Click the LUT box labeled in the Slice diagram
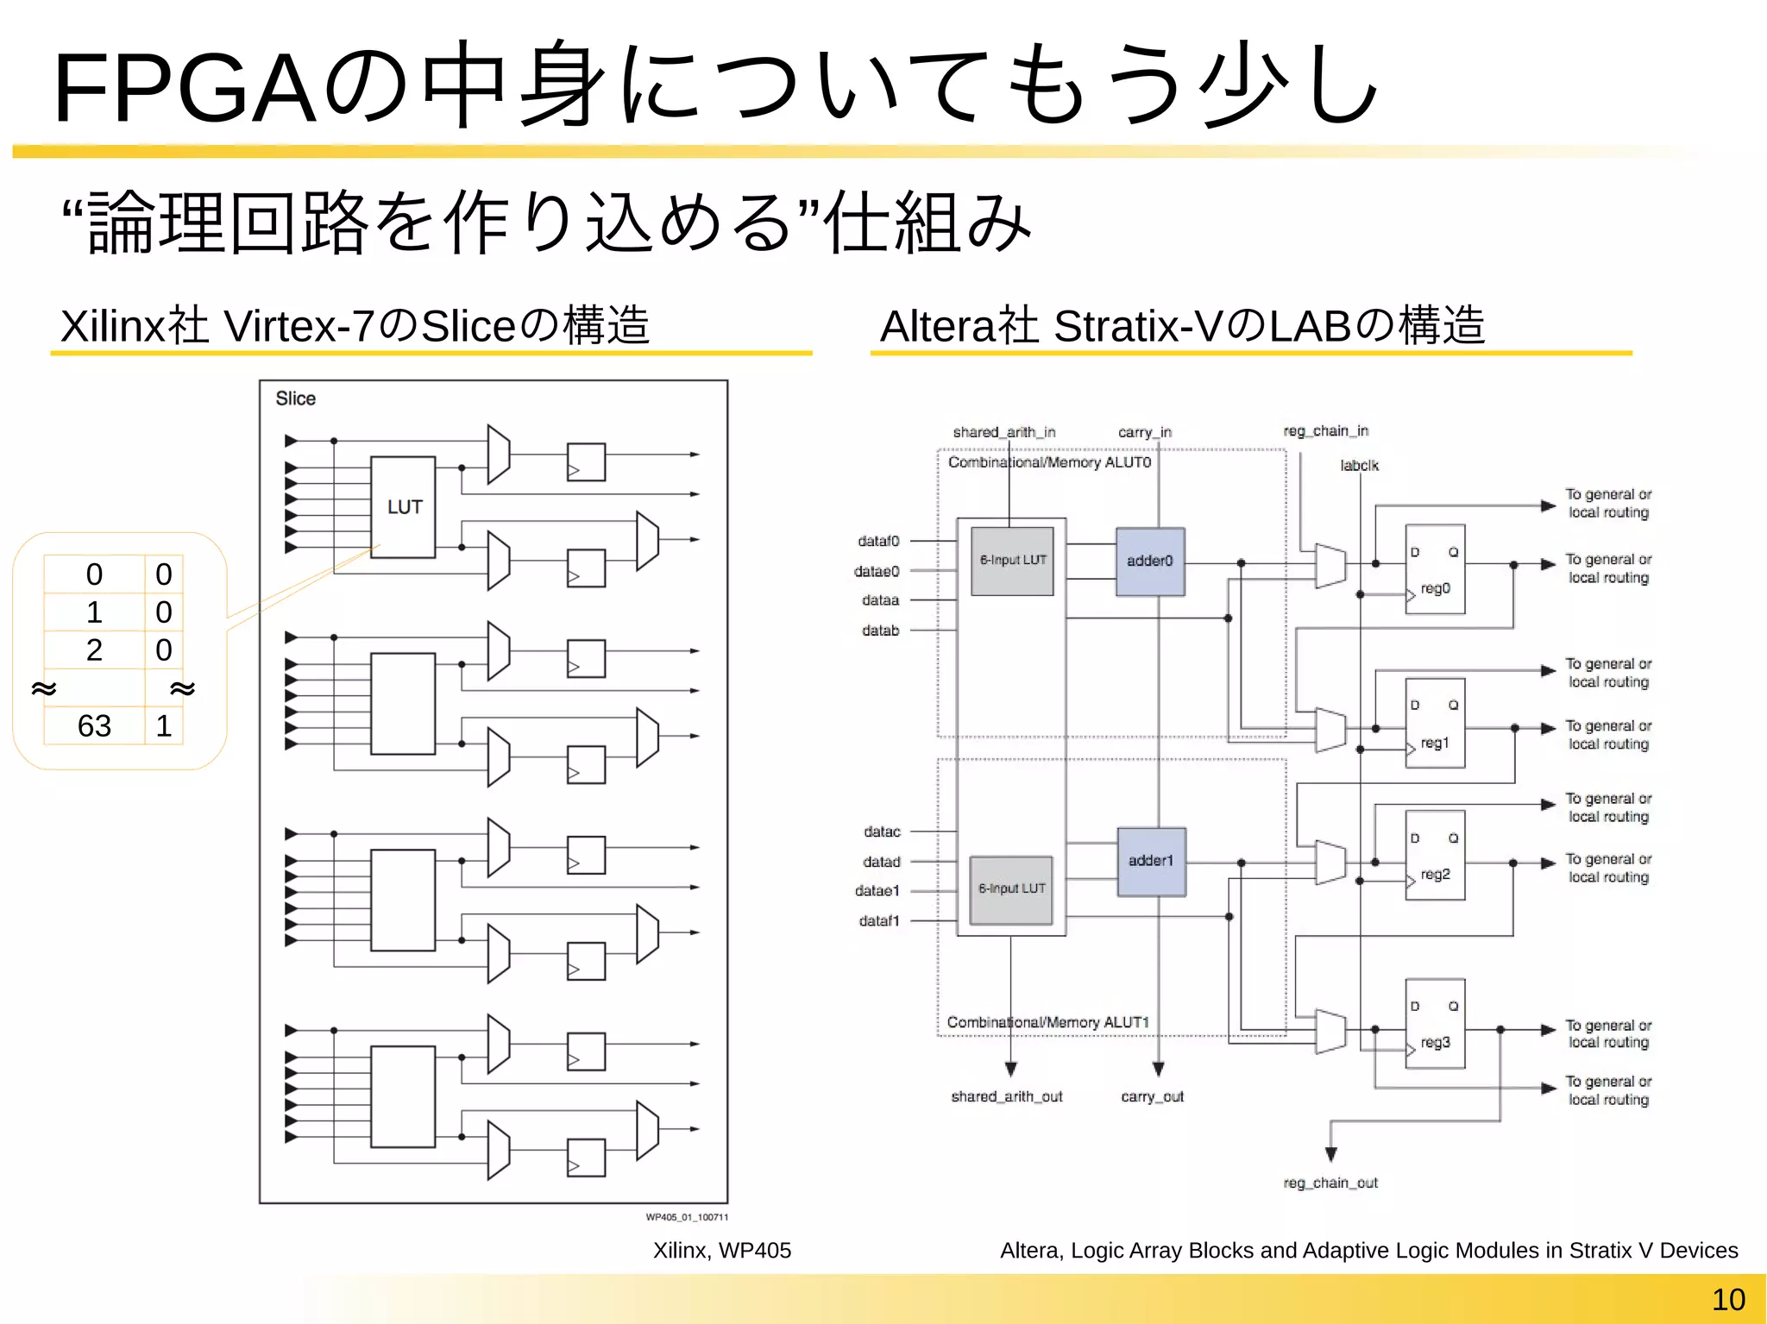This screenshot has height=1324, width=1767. tap(403, 507)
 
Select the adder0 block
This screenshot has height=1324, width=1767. tap(1150, 562)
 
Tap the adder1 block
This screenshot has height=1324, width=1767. tap(1151, 861)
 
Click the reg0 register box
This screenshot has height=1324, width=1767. tap(1435, 569)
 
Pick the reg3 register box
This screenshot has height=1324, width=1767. tap(1435, 1024)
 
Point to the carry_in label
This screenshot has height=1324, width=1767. tap(1144, 432)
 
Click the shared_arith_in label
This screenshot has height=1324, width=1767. tap(1003, 432)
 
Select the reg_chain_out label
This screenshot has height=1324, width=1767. tap(1330, 1183)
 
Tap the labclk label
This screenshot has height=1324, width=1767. tap(1359, 466)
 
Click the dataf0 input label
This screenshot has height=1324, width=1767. tap(878, 541)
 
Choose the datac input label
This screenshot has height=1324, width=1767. tap(882, 831)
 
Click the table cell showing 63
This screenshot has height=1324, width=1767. tap(94, 726)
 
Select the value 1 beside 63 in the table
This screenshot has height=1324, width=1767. tap(164, 726)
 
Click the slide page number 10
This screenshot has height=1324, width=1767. tap(1727, 1300)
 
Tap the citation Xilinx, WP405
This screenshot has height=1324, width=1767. tap(721, 1251)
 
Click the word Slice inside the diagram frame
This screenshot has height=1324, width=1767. tap(295, 398)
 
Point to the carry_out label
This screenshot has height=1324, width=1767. tap(1152, 1097)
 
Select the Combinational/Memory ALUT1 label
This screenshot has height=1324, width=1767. tap(1047, 1022)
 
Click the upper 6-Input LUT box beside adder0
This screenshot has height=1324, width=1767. tap(1012, 561)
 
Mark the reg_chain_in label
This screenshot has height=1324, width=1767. tap(1325, 430)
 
